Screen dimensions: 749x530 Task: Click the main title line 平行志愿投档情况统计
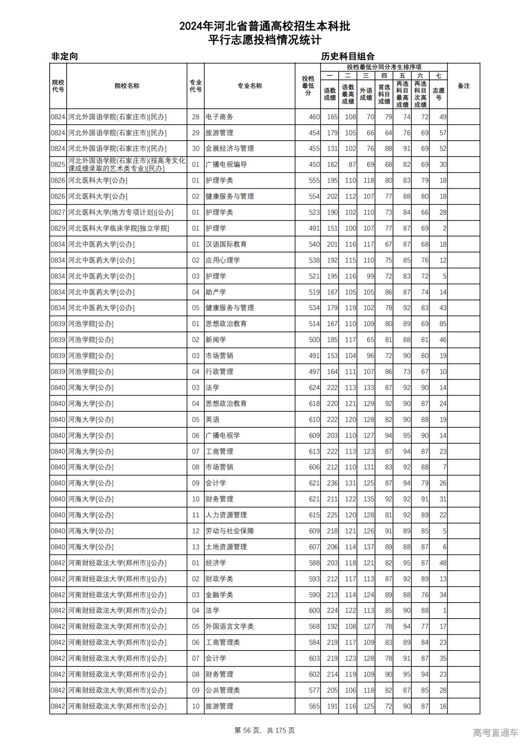(265, 40)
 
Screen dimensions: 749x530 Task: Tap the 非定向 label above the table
(65, 56)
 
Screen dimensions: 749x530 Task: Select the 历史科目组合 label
(348, 56)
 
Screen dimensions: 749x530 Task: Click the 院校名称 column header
(127, 86)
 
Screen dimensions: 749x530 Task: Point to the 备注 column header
(463, 86)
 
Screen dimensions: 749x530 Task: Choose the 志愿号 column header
(438, 94)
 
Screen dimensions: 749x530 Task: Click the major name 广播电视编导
(226, 165)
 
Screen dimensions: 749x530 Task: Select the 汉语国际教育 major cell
(226, 245)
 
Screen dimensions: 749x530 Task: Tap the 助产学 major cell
(216, 292)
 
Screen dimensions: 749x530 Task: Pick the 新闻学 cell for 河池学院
(216, 340)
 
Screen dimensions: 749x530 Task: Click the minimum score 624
(314, 388)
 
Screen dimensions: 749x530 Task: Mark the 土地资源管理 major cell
(226, 547)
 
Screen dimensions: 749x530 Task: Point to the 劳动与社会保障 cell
(229, 531)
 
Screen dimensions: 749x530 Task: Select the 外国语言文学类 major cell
(229, 627)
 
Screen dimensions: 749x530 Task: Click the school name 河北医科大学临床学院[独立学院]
(118, 228)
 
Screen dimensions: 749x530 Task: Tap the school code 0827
(58, 213)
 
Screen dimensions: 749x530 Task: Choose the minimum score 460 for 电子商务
(314, 117)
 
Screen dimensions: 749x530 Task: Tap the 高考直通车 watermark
(495, 732)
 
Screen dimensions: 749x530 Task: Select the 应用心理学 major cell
(223, 260)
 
